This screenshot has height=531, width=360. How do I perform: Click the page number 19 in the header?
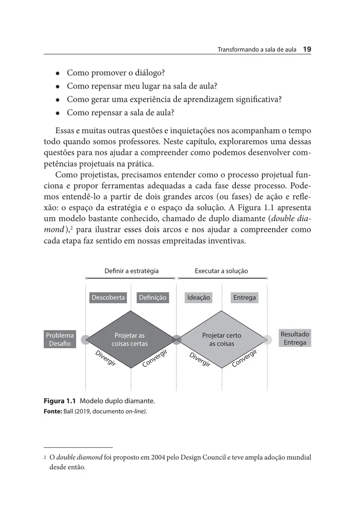pos(307,50)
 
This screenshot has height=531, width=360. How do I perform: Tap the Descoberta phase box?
pos(108,298)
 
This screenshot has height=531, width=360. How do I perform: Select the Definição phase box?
pos(152,298)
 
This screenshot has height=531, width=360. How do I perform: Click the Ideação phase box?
pos(199,298)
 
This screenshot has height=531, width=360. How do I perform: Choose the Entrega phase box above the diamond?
pos(245,298)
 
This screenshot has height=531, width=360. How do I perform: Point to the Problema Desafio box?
pos(60,339)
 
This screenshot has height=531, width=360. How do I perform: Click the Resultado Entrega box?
pos(295,339)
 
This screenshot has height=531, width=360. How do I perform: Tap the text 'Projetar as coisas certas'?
pos(130,340)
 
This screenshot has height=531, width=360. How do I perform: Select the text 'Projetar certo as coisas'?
pos(222,340)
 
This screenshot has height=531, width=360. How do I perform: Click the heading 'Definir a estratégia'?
pos(131,271)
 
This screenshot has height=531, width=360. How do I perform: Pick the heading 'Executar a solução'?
pos(221,271)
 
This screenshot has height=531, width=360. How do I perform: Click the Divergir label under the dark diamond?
pos(106,358)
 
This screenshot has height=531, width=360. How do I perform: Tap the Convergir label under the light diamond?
pos(245,358)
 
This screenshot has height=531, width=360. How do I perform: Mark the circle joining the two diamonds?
pos(176,340)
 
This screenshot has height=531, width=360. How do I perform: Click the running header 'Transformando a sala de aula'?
pos(257,50)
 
